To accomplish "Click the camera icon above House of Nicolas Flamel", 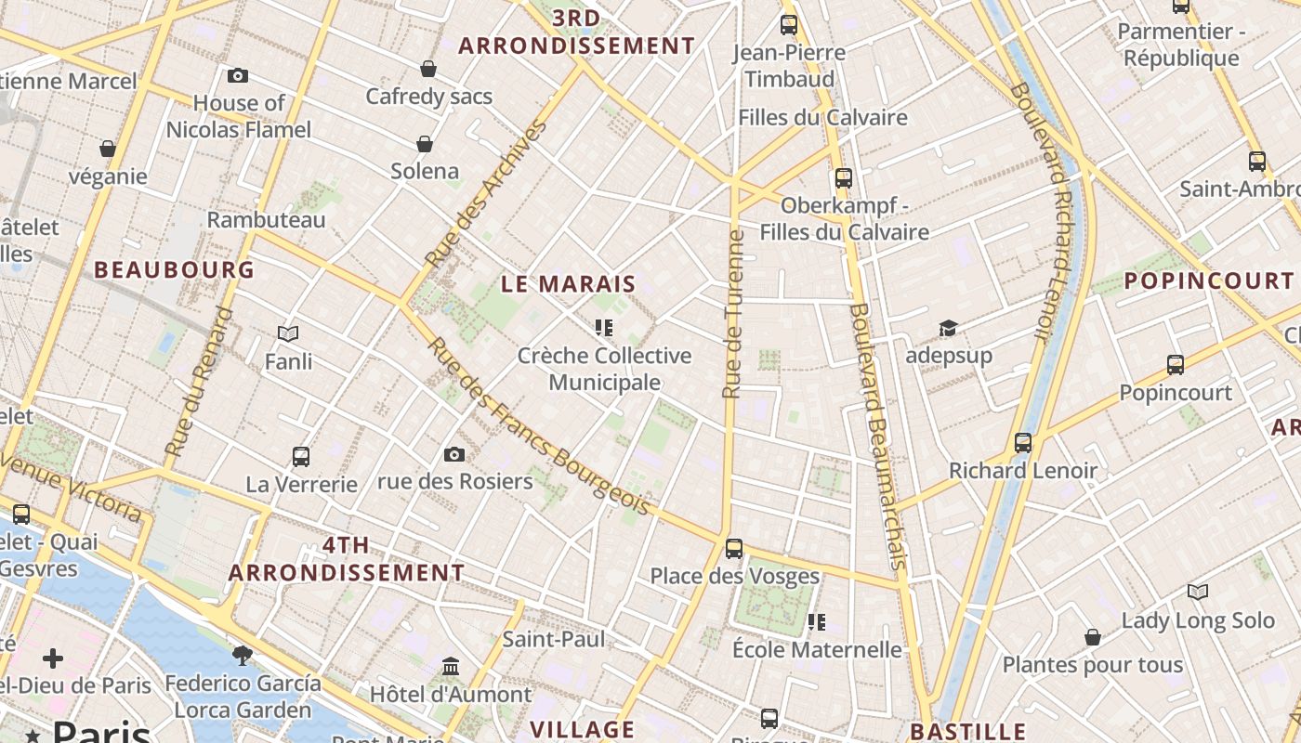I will pyautogui.click(x=237, y=75).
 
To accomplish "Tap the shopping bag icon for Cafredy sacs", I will pyautogui.click(x=428, y=69).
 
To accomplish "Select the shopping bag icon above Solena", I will pyautogui.click(x=425, y=144).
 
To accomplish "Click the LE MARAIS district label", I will pyautogui.click(x=569, y=284).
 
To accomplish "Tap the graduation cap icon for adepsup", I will pyautogui.click(x=948, y=328).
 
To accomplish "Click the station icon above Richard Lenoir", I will pyautogui.click(x=1023, y=443).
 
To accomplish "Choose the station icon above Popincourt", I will pyautogui.click(x=1176, y=365).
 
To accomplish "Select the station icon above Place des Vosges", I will pyautogui.click(x=734, y=549).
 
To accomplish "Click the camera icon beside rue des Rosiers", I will pyautogui.click(x=453, y=454).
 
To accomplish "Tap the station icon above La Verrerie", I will pyautogui.click(x=301, y=457).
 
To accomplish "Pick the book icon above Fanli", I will pyautogui.click(x=288, y=333).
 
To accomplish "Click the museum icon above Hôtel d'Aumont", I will pyautogui.click(x=452, y=667).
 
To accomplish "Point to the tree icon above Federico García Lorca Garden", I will pyautogui.click(x=243, y=656).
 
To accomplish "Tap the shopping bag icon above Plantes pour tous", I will pyautogui.click(x=1093, y=637).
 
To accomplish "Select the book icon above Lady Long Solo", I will pyautogui.click(x=1198, y=592).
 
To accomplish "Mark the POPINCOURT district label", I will pyautogui.click(x=1209, y=280).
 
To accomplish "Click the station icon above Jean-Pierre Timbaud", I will pyautogui.click(x=789, y=25).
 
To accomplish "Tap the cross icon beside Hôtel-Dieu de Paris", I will pyautogui.click(x=53, y=658).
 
